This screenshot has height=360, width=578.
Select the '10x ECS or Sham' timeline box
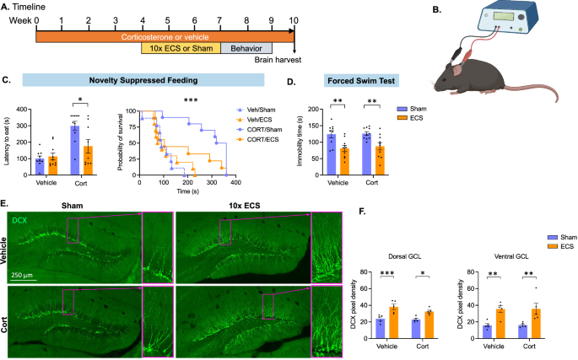(180, 48)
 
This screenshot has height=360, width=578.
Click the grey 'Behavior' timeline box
(246, 48)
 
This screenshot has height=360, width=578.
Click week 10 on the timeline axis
(293, 16)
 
